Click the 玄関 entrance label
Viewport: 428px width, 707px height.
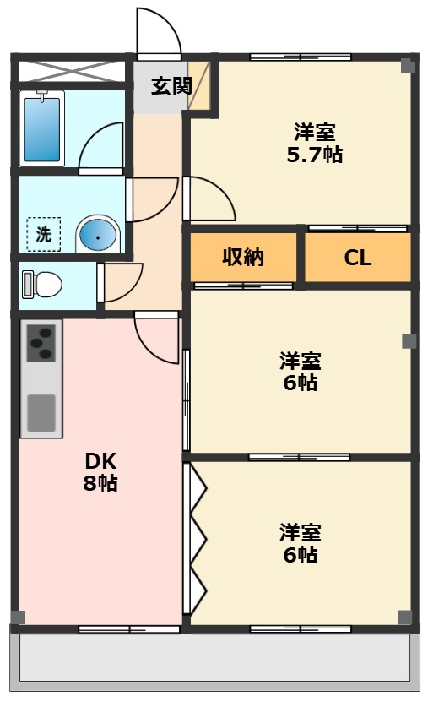coord(171,85)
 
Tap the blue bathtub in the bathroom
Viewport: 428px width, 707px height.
coord(42,128)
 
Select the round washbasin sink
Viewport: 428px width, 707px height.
coord(99,236)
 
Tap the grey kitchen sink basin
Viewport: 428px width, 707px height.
coord(41,412)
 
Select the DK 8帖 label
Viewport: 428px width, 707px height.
coord(100,472)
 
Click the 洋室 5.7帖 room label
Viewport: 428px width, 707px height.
coord(315,144)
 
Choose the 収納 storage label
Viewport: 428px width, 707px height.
coord(243,258)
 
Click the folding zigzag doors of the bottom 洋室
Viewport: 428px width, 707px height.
coord(197,540)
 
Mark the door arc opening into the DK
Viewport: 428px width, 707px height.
coord(157,336)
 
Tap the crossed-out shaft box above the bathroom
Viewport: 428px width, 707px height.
coord(71,71)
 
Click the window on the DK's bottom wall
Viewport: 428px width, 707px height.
coord(128,628)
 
